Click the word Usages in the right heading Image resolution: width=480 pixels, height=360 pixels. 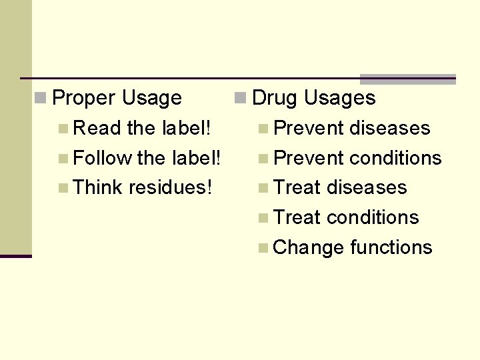[340, 99]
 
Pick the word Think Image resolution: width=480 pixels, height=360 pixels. [98, 187]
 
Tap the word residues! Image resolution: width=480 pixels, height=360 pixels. [171, 187]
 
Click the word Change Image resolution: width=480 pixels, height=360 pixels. [309, 247]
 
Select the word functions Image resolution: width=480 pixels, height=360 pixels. [391, 247]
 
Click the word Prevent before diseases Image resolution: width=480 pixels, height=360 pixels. [309, 128]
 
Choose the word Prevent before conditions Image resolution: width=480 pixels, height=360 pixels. [309, 158]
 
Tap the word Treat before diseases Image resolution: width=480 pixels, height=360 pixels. [297, 187]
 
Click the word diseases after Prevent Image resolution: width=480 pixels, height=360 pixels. [390, 128]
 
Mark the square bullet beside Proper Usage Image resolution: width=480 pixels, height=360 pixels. [41, 99]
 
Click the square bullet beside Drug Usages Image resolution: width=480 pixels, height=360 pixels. [241, 99]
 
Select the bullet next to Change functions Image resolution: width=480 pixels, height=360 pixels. [264, 248]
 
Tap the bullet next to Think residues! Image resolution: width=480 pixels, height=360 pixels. [63, 188]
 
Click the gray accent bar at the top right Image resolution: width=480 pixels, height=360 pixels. [408, 79]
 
